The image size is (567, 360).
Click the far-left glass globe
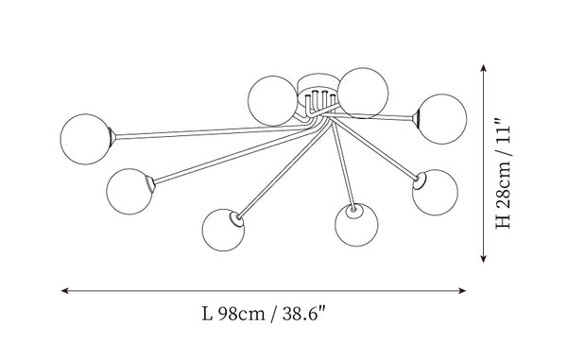[x=85, y=139]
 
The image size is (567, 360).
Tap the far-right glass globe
[x=442, y=119]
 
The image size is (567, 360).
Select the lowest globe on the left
[x=223, y=230]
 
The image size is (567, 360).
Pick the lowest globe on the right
[x=356, y=225]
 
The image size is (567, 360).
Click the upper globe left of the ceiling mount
[x=273, y=100]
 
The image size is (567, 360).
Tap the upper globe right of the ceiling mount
[x=363, y=93]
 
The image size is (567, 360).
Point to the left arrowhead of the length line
[x=65, y=290]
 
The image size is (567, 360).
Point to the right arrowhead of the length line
[x=462, y=290]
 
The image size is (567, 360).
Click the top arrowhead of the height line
[x=483, y=68]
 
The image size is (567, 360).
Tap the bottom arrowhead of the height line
[x=483, y=258]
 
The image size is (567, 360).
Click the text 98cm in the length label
[x=242, y=314]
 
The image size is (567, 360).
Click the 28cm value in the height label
[x=503, y=185]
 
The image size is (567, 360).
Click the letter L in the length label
[x=207, y=314]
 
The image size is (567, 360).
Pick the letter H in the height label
[x=503, y=221]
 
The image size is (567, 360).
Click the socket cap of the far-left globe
[x=112, y=137]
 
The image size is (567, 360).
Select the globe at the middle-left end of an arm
[x=129, y=191]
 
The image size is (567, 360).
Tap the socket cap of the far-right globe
[x=416, y=118]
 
